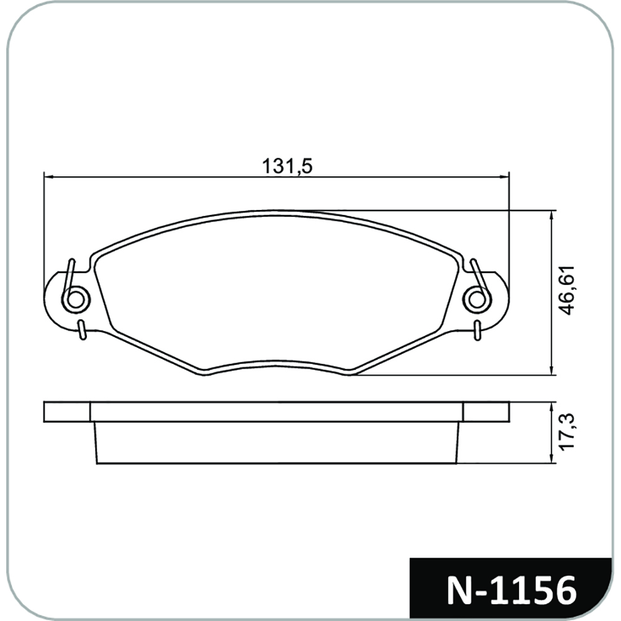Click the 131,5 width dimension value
(287, 166)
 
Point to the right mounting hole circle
(477, 299)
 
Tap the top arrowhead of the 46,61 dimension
(551, 215)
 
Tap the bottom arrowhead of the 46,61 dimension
(551, 370)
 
